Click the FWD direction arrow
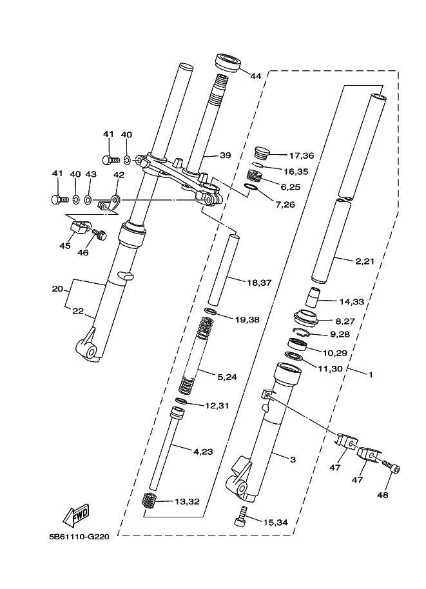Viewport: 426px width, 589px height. coord(76,514)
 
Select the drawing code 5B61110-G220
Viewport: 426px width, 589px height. coord(79,536)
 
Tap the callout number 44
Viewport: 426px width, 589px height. coord(256,76)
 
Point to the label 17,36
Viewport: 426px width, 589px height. coord(302,155)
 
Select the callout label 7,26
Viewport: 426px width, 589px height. coord(285,205)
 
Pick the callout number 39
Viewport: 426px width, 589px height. coord(225,155)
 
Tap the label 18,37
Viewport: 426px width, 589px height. coord(259,283)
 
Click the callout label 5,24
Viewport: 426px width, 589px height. coord(227,377)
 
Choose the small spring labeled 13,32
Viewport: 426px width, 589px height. coord(150,501)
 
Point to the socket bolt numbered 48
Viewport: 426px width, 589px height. coord(391,466)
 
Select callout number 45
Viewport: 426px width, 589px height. coord(65,246)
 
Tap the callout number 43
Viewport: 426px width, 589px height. coord(91,174)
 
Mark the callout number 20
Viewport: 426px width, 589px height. coord(57,289)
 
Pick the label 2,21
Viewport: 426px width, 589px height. coord(365,261)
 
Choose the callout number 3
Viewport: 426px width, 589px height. coord(293,459)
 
